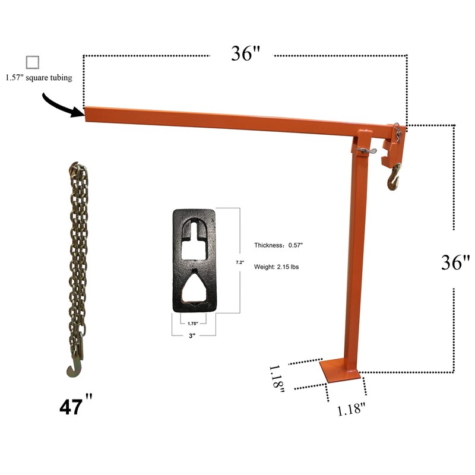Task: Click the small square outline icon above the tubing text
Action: [32, 62]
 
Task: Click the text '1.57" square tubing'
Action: [39, 78]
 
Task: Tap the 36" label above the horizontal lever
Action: [245, 54]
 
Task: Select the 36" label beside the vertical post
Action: [455, 262]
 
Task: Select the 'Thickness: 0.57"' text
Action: [283, 245]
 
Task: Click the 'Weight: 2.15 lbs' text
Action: [276, 267]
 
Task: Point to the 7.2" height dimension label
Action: [240, 262]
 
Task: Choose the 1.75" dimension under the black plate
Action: [194, 323]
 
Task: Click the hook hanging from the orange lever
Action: [394, 179]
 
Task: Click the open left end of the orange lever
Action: [87, 112]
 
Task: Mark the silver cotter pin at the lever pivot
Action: [369, 151]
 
